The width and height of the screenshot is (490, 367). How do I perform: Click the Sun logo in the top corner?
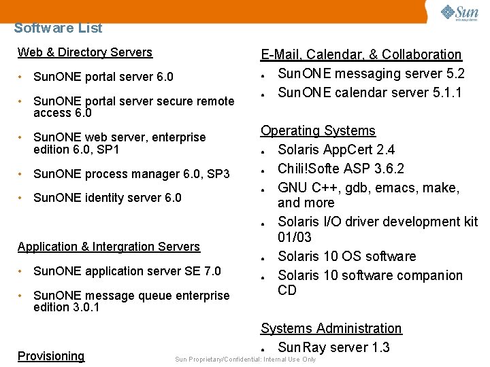pyautogui.click(x=459, y=14)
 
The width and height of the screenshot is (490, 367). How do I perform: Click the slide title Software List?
pyautogui.click(x=58, y=28)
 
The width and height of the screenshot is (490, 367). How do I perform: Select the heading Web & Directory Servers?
pyautogui.click(x=85, y=52)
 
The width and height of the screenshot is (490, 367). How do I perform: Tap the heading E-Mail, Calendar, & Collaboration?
pyautogui.click(x=361, y=54)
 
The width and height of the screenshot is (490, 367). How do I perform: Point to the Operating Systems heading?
pyautogui.click(x=318, y=130)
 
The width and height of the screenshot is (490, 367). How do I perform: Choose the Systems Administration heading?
pyautogui.click(x=331, y=328)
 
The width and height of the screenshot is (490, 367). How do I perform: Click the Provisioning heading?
pyautogui.click(x=51, y=356)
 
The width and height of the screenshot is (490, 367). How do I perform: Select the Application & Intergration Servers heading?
pyautogui.click(x=109, y=247)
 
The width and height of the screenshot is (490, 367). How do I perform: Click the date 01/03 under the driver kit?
pyautogui.click(x=295, y=237)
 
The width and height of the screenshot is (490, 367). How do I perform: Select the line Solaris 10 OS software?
pyautogui.click(x=346, y=256)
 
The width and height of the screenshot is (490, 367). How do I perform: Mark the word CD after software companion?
pyautogui.click(x=287, y=290)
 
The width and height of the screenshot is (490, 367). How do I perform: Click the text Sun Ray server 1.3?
pyautogui.click(x=333, y=347)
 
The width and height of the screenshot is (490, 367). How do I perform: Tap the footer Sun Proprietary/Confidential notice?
pyautogui.click(x=246, y=360)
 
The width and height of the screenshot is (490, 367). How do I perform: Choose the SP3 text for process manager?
pyautogui.click(x=218, y=174)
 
